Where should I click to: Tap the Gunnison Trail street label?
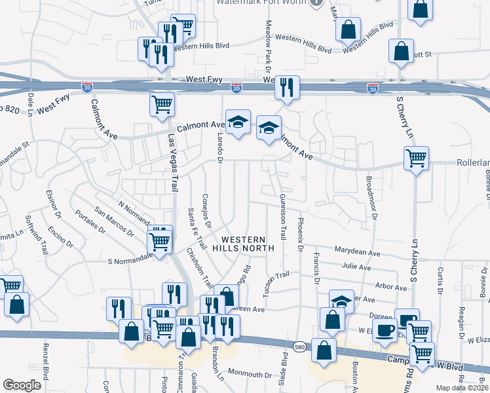pyautogui.click(x=283, y=215)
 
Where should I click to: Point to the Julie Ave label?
pyautogui.click(x=356, y=267)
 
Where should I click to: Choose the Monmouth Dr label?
pyautogui.click(x=249, y=375)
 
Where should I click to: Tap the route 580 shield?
pyautogui.click(x=299, y=346)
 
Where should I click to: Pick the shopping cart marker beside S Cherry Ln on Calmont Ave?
pyautogui.click(x=416, y=158)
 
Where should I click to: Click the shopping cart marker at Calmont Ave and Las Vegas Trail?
pyautogui.click(x=162, y=104)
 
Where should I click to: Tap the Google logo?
pyautogui.click(x=22, y=385)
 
